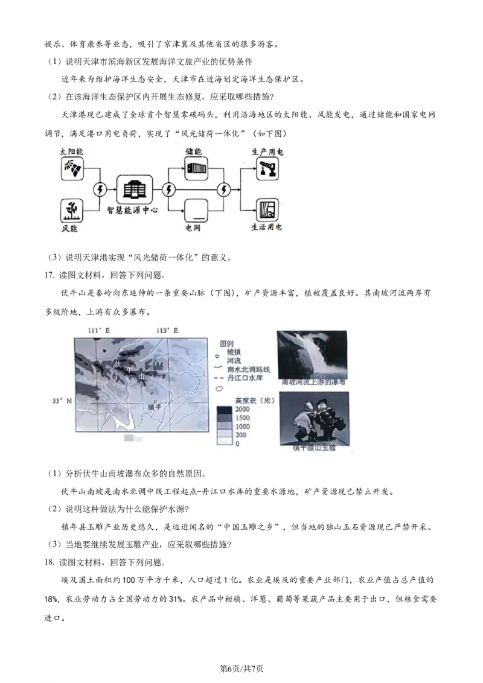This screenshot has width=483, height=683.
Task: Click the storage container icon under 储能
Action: (x=196, y=169)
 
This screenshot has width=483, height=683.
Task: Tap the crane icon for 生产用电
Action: (x=267, y=169)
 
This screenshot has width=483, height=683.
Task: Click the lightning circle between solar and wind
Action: (x=100, y=190)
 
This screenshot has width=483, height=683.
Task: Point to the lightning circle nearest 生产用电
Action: (x=225, y=190)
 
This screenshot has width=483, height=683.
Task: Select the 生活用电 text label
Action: (x=266, y=229)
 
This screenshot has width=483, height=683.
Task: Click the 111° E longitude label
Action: (x=98, y=331)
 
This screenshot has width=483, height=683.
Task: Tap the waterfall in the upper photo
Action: (x=312, y=356)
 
